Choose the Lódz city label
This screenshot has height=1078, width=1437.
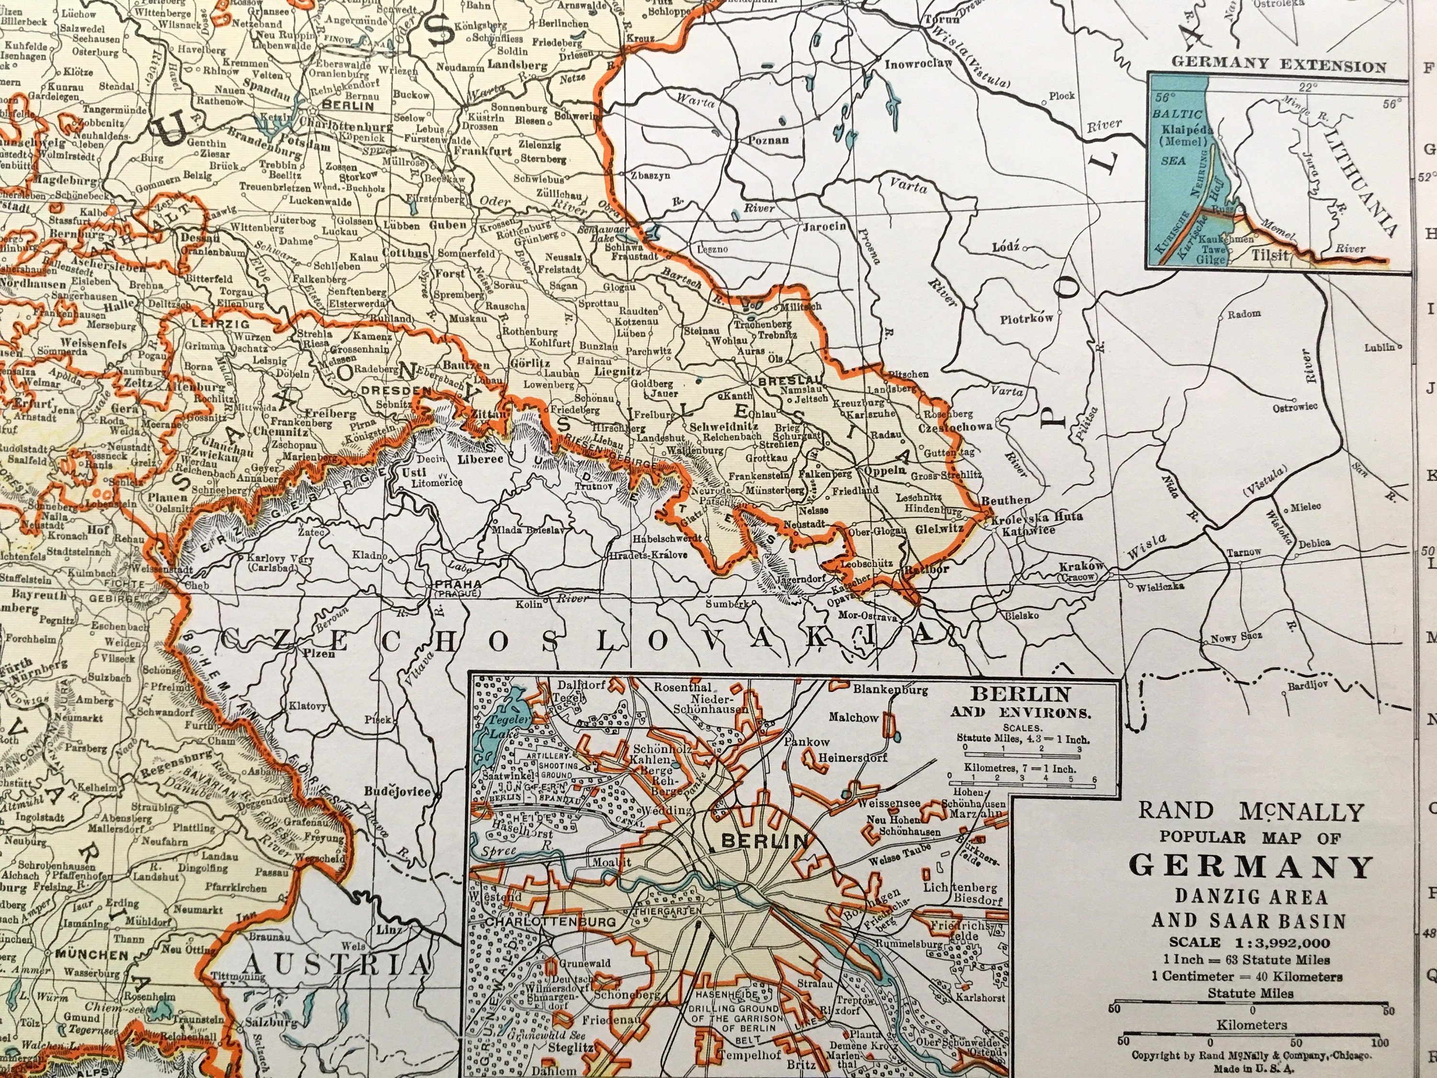coord(1006,248)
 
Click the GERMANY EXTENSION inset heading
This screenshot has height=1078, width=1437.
coord(1278,66)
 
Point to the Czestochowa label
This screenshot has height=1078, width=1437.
coord(955,427)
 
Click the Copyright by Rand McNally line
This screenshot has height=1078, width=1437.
coord(1251,1055)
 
